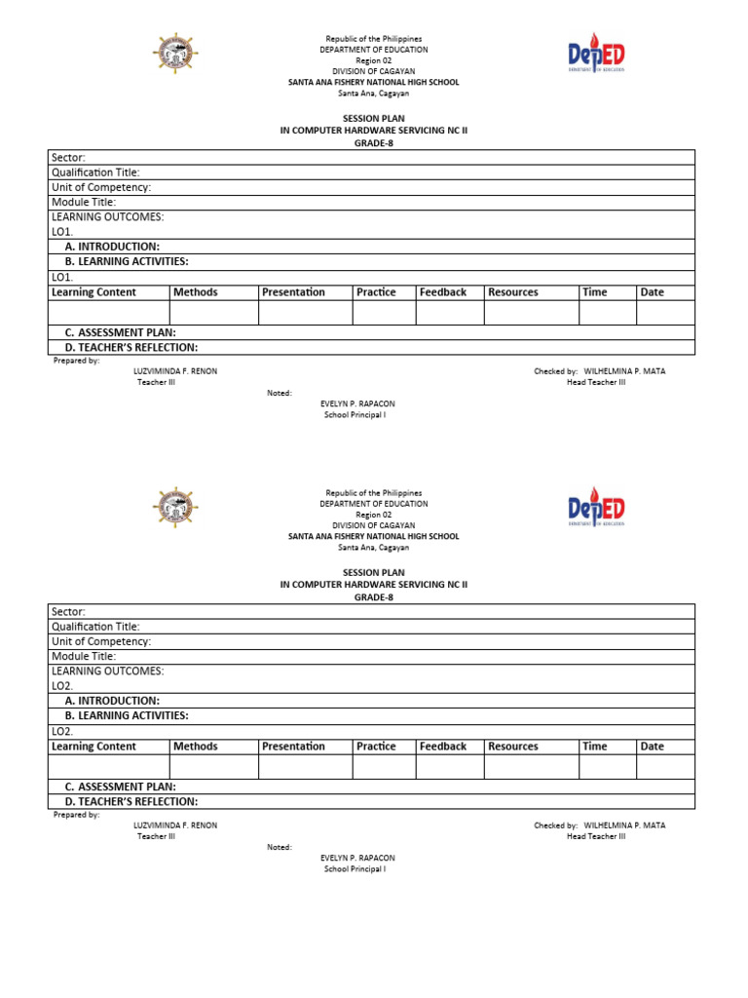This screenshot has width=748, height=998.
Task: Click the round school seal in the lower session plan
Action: [x=176, y=508]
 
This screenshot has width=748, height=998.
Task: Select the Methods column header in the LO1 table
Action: [x=195, y=292]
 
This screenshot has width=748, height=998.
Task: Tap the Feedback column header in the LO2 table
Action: [x=443, y=747]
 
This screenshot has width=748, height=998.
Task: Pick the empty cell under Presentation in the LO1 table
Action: [x=305, y=312]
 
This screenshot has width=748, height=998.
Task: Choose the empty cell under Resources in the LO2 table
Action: [x=531, y=767]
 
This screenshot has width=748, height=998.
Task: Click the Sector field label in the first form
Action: [x=68, y=158]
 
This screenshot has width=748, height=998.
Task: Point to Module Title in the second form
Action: [x=84, y=656]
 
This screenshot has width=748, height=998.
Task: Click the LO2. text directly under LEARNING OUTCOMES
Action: [x=62, y=686]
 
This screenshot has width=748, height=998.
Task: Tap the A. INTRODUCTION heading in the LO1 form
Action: [x=112, y=247]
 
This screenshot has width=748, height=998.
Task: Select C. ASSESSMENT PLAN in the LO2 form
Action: [x=120, y=787]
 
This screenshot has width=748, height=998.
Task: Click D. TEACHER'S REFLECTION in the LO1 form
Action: [x=131, y=347]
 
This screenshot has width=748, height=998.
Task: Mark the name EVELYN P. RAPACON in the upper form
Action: [x=357, y=403]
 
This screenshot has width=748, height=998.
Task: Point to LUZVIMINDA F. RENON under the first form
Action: [x=175, y=371]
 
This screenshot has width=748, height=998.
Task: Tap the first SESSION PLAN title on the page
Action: [x=373, y=118]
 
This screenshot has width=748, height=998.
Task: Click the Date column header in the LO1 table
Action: [x=653, y=292]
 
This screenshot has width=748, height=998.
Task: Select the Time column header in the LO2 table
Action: [x=594, y=747]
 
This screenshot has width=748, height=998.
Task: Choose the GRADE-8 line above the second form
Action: [x=373, y=597]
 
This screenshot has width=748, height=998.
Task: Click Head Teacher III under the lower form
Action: [x=596, y=836]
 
